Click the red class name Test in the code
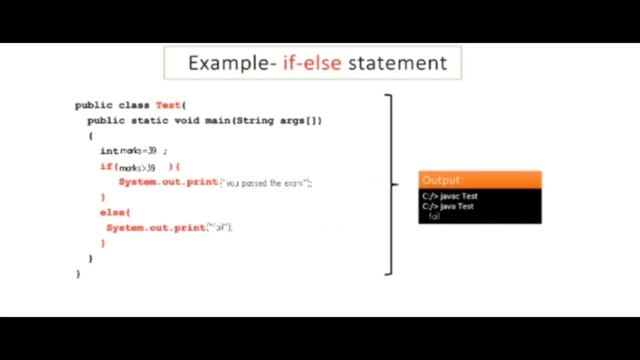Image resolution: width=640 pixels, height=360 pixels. point(167,105)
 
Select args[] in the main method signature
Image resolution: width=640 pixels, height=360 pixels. point(303,120)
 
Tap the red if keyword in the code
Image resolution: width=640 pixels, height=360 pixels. point(106,167)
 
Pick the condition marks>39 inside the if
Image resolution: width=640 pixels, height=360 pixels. point(138,167)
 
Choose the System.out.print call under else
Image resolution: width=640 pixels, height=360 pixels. point(155,228)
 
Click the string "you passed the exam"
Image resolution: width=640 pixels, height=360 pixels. point(267,183)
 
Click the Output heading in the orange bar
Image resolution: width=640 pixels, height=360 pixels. point(441,180)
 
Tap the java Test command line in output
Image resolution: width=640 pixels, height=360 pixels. point(449,207)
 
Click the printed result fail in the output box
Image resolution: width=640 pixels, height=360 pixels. point(434,217)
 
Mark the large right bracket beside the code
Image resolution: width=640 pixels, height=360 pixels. point(389,183)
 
